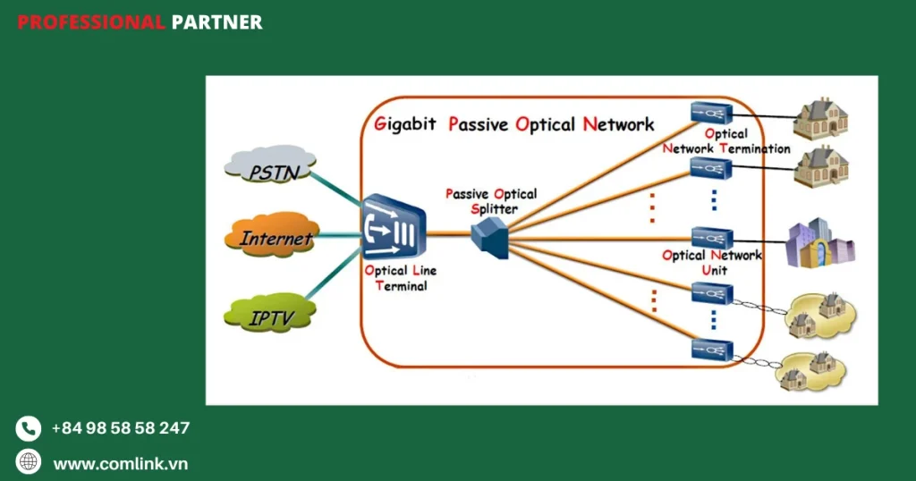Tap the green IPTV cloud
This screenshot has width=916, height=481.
[269, 314]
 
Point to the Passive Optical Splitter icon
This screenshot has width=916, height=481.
[488, 235]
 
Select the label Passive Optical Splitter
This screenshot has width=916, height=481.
[490, 200]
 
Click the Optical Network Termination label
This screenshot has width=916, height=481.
[726, 141]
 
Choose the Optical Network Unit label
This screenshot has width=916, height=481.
[712, 262]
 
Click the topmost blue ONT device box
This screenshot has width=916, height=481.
[711, 113]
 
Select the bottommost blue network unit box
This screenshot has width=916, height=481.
[711, 349]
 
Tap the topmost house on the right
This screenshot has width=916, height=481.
[821, 119]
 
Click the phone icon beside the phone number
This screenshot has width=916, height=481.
[29, 429]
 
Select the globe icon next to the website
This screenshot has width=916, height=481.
[29, 462]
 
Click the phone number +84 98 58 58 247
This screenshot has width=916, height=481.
[120, 428]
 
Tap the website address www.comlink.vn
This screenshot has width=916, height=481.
[120, 463]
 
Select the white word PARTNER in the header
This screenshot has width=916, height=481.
[216, 22]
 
